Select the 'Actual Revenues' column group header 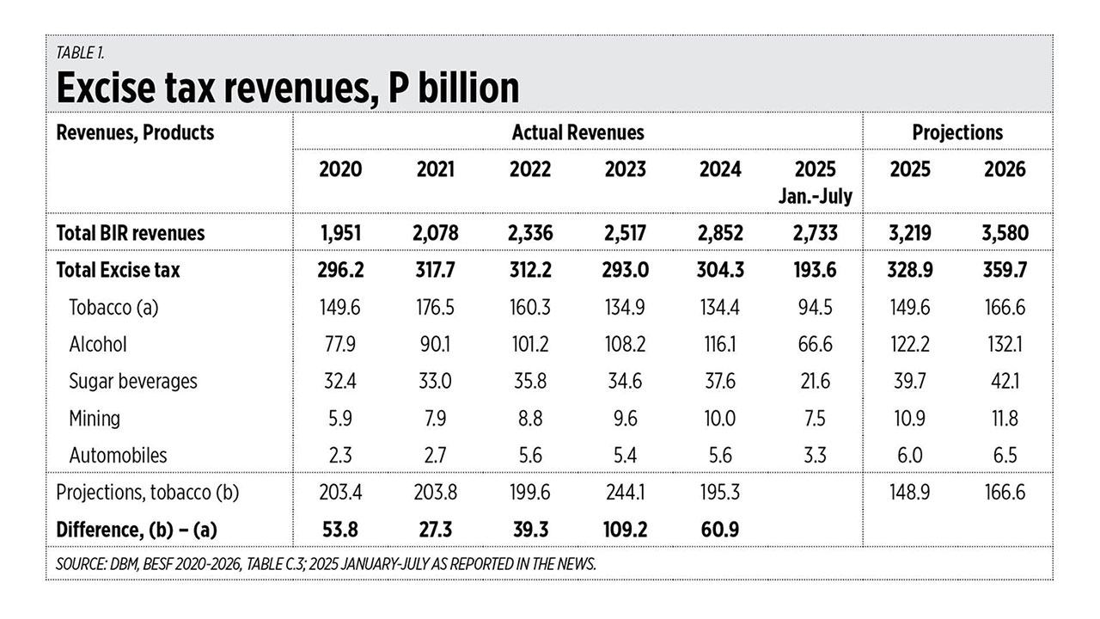coord(577,132)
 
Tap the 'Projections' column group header coord(957,132)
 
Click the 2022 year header coord(530,169)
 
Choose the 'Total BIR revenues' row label coord(130,232)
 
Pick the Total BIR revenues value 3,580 coord(1005,232)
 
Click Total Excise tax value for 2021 coord(436,270)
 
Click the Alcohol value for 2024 coord(720,344)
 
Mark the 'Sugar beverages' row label coord(133,381)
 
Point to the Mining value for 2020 coord(340,418)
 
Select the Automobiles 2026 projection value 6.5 coord(1005,455)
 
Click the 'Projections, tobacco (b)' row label coord(147,493)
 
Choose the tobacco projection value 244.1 coord(625,493)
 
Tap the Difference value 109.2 coord(625,530)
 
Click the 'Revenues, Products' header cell coord(135,132)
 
